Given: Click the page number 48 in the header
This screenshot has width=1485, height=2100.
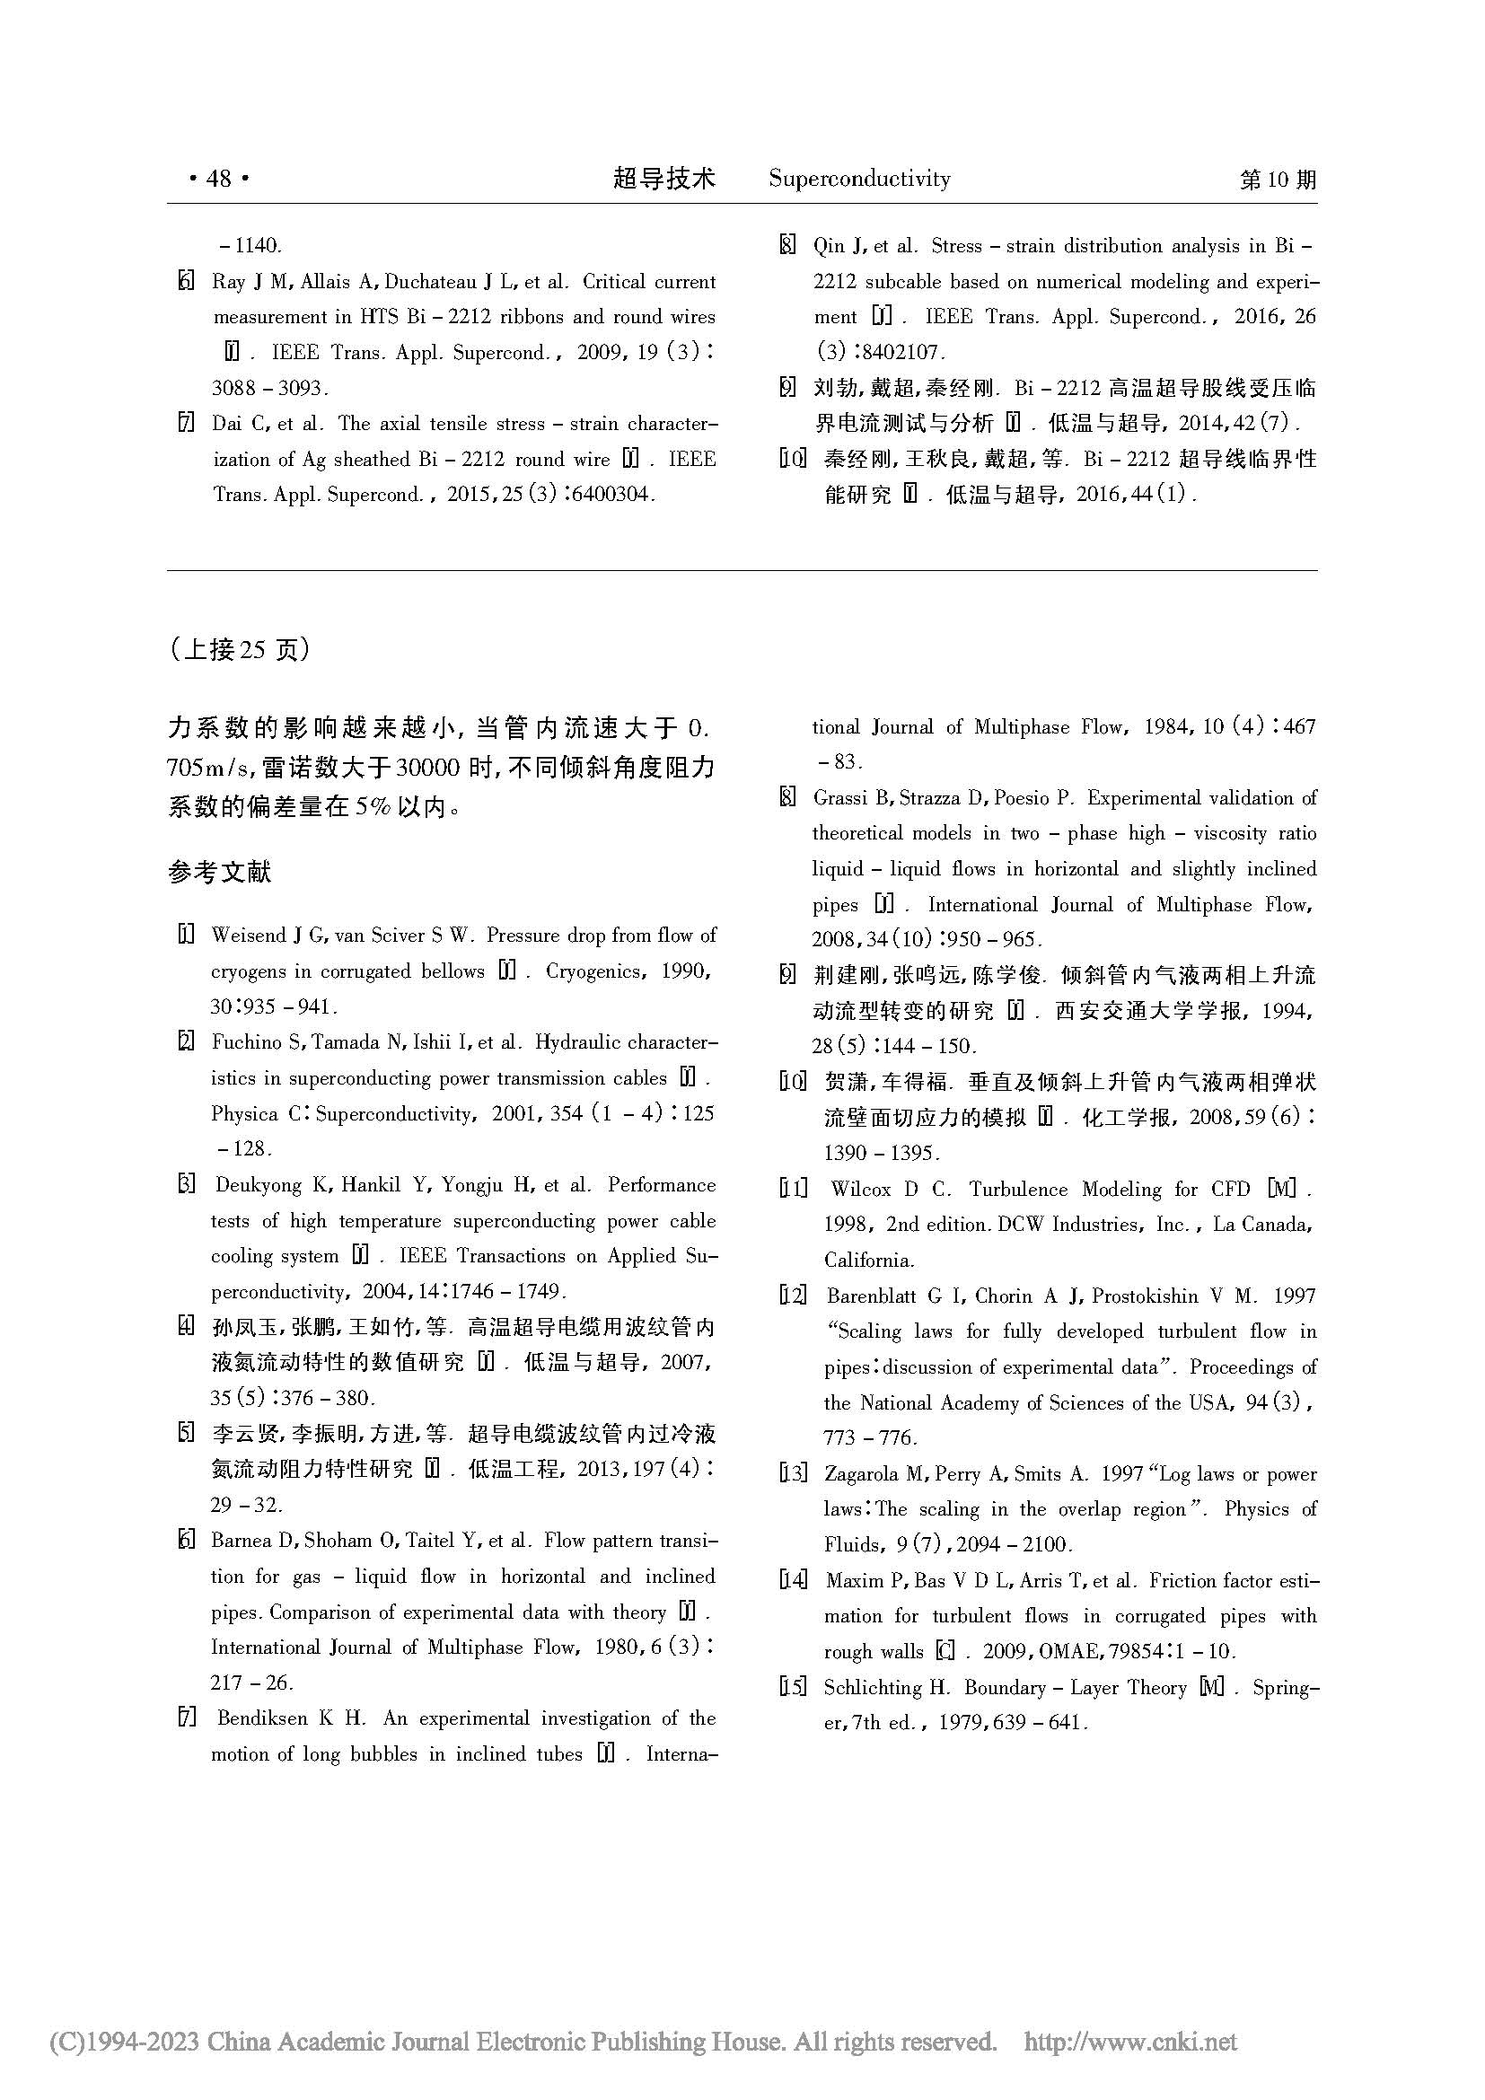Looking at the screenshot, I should (218, 179).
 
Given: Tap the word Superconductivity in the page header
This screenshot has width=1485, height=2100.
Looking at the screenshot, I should (858, 179).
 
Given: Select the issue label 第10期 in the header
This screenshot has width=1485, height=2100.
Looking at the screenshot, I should (1278, 180).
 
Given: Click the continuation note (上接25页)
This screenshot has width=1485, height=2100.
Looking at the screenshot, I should (240, 649).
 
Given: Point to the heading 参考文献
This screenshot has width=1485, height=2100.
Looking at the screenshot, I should (219, 872).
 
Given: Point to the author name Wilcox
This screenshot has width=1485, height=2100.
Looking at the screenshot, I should (859, 1190).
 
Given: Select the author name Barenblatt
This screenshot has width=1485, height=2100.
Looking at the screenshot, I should (878, 1296).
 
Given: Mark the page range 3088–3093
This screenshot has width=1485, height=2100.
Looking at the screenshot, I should (268, 388).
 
